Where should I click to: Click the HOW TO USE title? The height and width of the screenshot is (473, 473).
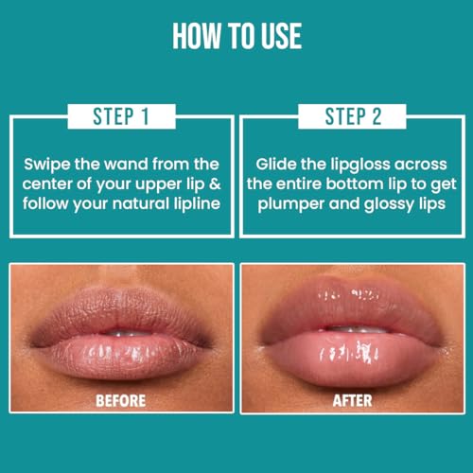click(236, 35)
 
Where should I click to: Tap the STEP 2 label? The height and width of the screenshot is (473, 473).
click(354, 116)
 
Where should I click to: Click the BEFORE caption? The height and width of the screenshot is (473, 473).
click(120, 400)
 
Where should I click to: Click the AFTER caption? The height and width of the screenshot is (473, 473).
click(353, 400)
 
